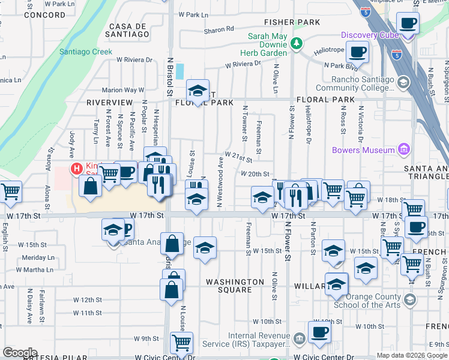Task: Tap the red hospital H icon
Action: [x=77, y=169]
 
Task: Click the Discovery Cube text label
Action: [x=370, y=35]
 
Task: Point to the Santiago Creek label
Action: [x=86, y=52]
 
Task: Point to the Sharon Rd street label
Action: [x=218, y=29]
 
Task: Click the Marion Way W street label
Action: [x=123, y=90]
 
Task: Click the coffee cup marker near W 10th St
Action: [x=319, y=331]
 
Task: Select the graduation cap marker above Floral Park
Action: [x=197, y=91]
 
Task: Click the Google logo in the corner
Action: [x=20, y=353]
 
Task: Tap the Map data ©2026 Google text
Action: [x=412, y=355]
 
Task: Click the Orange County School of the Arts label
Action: [x=367, y=301]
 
